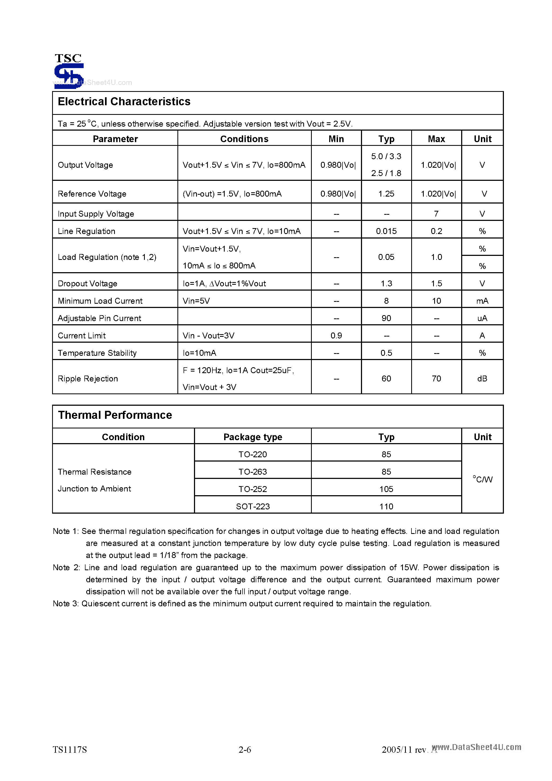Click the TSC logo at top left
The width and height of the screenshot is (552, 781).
[69, 71]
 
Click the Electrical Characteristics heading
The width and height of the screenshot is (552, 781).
[124, 102]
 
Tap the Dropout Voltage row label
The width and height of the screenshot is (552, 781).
[87, 283]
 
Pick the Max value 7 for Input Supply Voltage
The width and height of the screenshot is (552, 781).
[436, 214]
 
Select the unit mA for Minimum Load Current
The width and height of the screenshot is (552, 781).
[482, 301]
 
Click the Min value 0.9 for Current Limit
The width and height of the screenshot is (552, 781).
[336, 335]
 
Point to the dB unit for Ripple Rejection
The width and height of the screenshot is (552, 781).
[482, 378]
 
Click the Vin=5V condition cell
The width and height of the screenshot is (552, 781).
[196, 301]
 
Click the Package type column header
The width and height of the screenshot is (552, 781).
[252, 437]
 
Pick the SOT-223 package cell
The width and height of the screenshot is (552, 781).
[252, 506]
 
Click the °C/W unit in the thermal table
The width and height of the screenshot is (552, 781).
[482, 479]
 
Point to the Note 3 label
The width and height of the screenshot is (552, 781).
[65, 604]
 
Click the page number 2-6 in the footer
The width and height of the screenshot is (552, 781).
[245, 750]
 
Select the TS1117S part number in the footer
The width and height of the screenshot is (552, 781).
[70, 750]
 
